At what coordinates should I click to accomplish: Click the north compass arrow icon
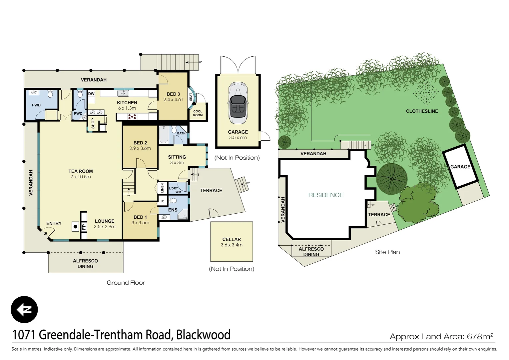pos(24,309)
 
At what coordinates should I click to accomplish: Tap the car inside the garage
pos(238,103)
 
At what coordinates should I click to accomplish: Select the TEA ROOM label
pos(81,171)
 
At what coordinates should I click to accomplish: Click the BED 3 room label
pos(173,94)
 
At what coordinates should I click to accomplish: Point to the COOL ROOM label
pos(198,113)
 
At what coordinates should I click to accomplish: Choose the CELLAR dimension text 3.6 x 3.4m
pos(232,245)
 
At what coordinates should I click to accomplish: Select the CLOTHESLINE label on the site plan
pos(422,111)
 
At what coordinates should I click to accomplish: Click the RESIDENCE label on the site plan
pos(325,195)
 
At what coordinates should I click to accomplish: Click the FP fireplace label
pos(84,227)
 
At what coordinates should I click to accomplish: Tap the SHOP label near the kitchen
pos(93,123)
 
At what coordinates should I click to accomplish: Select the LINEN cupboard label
pos(163,188)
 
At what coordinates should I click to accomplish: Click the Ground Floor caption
pos(126,283)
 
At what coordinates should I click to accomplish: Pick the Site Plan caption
pos(387,252)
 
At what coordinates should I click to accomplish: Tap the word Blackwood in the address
pos(203,335)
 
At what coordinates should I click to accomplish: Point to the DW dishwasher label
pos(91,94)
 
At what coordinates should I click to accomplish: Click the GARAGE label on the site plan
pos(460,167)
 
